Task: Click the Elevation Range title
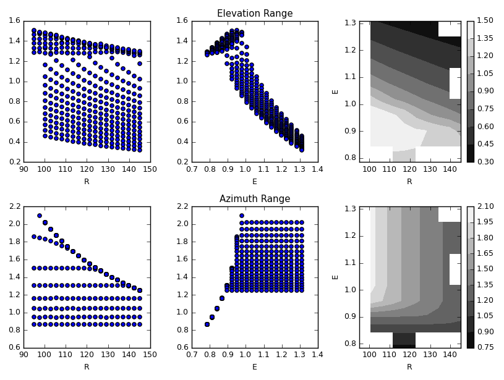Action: [255, 14]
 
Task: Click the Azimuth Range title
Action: [255, 199]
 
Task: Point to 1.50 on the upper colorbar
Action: [485, 20]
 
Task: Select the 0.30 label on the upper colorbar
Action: [485, 163]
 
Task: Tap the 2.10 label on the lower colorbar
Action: [485, 206]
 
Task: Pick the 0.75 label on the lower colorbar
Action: [485, 348]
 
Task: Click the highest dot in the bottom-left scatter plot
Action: [40, 216]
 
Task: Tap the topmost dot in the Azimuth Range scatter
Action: [242, 216]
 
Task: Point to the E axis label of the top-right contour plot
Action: [336, 91]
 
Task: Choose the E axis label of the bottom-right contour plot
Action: [336, 276]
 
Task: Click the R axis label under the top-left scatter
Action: [87, 182]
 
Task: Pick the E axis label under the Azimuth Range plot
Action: [255, 367]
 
